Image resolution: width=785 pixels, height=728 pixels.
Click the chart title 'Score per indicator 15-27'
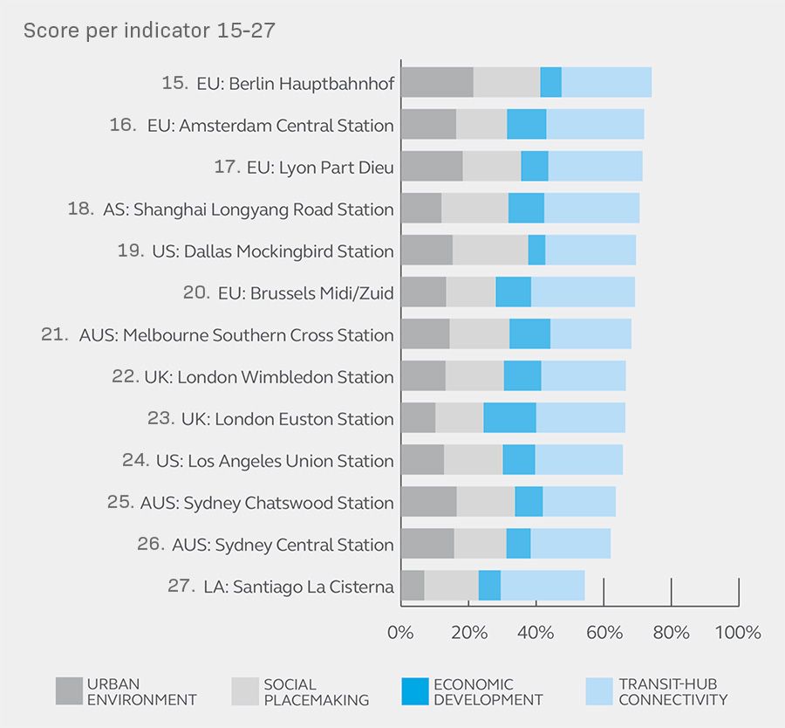(x=149, y=31)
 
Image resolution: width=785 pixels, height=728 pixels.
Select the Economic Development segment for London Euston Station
(x=509, y=418)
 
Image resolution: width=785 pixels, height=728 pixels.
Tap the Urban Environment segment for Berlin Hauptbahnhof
(x=437, y=82)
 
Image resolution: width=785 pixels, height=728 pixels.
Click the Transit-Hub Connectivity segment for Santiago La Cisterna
(x=543, y=585)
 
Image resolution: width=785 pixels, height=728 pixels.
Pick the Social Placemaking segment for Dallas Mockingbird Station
(x=490, y=250)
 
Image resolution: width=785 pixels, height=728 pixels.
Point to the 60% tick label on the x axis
(x=604, y=632)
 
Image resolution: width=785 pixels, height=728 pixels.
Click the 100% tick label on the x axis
(x=738, y=632)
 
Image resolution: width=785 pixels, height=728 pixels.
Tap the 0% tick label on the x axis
(x=400, y=632)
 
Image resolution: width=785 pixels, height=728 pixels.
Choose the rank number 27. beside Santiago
(x=181, y=586)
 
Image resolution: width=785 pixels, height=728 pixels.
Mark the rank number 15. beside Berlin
(x=174, y=83)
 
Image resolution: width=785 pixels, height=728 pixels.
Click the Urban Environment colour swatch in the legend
(x=68, y=691)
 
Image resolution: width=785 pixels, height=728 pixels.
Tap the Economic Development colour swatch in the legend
(x=415, y=691)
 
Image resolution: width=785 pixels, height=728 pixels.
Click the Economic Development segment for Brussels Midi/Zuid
(x=513, y=292)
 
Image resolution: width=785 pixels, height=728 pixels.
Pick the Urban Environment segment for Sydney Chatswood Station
(x=428, y=501)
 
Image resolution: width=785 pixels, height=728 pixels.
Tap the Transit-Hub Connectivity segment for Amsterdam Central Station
(x=595, y=124)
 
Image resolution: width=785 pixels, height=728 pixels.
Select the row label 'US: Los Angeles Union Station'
(x=274, y=461)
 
